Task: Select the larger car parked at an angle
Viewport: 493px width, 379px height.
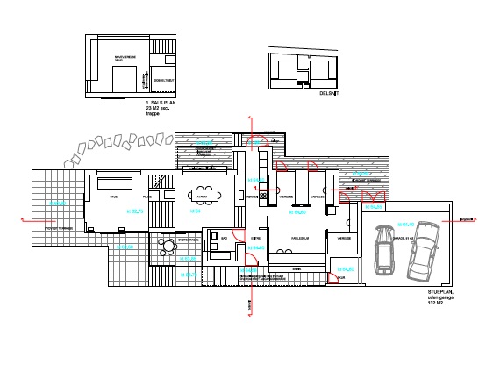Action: pos(423,248)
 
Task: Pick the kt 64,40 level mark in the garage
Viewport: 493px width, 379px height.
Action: pos(404,222)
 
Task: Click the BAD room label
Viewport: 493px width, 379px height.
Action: pos(225,238)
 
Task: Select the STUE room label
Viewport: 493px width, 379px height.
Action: pos(113,197)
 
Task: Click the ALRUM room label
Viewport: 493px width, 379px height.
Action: pos(201,197)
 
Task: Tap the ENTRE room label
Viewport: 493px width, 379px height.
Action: pos(257,238)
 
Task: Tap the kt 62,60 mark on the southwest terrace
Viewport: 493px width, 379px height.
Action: pos(58,204)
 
